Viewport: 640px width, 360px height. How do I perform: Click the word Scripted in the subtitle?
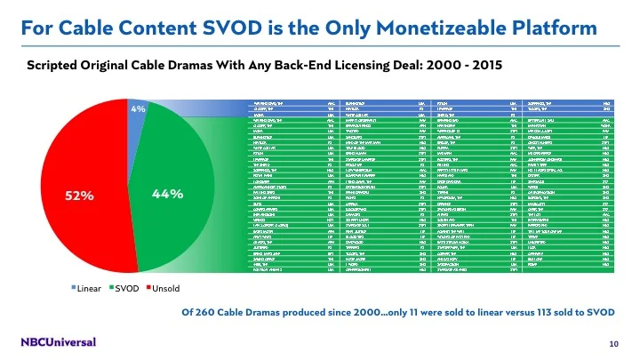pos(54,65)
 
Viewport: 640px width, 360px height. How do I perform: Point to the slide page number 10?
pos(613,343)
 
